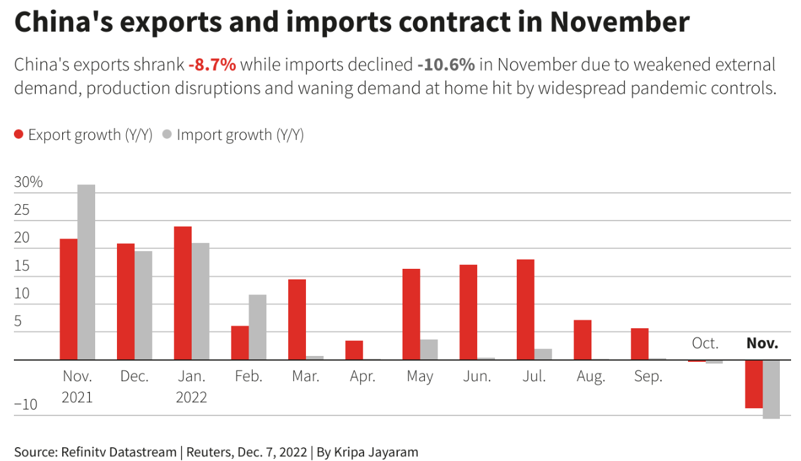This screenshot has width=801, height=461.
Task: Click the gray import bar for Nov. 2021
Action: [86, 272]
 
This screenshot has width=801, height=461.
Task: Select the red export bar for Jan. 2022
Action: [182, 293]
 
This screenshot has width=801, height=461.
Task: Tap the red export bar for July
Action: [525, 310]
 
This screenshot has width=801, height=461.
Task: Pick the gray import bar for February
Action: [257, 327]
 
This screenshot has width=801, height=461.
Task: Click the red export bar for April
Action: [354, 350]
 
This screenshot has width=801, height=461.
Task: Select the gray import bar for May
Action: [429, 349]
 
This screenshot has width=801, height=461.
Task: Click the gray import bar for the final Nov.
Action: [771, 389]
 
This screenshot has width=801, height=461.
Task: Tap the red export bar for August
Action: [582, 340]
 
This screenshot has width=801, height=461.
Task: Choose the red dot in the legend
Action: [19, 135]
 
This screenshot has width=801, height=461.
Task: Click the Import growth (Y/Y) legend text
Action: [240, 135]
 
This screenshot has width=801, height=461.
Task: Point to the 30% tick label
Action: [28, 182]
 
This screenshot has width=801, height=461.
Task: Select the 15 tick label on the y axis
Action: [22, 266]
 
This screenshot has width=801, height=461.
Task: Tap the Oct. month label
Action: [705, 343]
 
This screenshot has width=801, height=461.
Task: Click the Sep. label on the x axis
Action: [648, 376]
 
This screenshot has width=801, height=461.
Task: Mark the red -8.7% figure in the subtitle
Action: [211, 65]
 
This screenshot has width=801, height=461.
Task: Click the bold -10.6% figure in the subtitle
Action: [446, 65]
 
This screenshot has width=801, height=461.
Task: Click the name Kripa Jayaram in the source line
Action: [376, 452]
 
